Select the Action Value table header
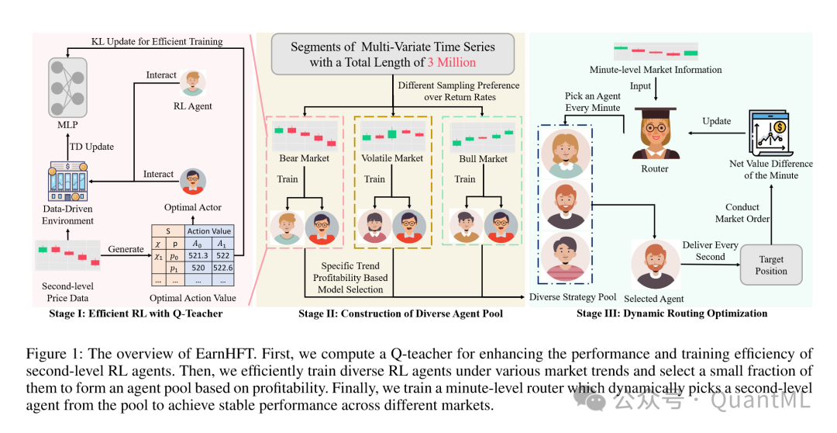tap(208, 230)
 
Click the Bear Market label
tap(304, 158)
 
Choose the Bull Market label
tap(482, 158)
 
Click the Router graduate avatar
tap(655, 134)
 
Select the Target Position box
tap(771, 265)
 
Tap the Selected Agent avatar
tap(653, 265)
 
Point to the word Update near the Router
tap(716, 121)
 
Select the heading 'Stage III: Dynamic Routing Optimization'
tap(672, 313)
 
